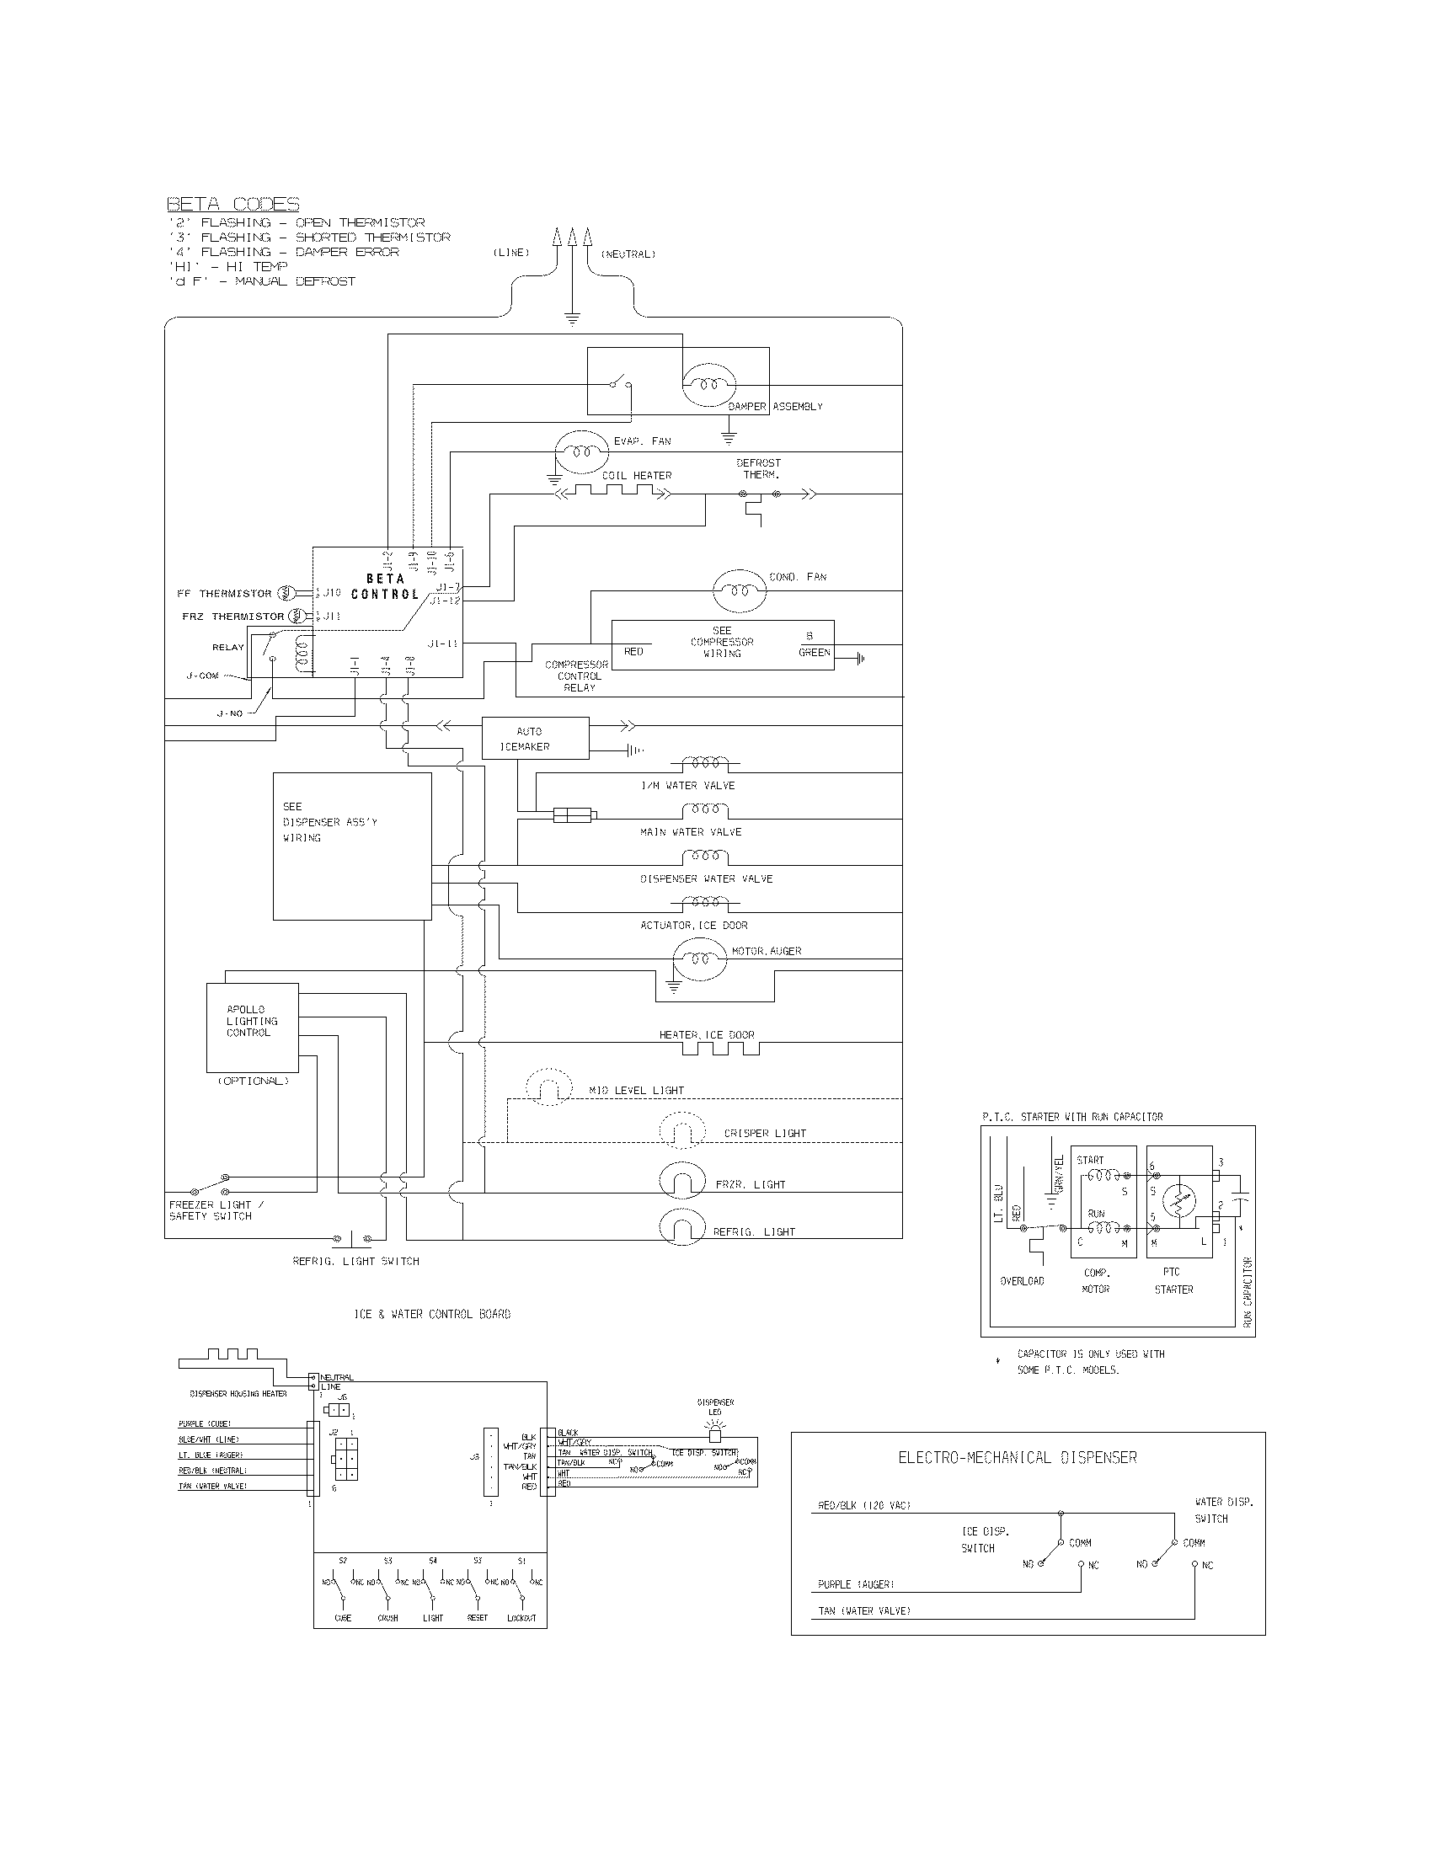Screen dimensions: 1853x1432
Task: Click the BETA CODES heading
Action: (x=232, y=205)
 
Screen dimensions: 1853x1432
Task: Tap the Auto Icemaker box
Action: (x=534, y=738)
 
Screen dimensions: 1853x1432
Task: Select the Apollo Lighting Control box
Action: (x=252, y=1028)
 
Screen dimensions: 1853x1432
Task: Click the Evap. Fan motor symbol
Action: (x=581, y=452)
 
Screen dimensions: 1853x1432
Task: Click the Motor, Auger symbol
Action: (x=700, y=959)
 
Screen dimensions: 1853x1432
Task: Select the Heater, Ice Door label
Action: (x=706, y=1034)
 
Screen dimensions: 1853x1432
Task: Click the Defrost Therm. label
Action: (x=758, y=468)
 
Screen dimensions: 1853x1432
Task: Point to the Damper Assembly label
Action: (x=774, y=407)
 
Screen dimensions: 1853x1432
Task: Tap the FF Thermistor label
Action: (x=224, y=594)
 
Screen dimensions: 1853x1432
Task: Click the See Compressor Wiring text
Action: (x=721, y=643)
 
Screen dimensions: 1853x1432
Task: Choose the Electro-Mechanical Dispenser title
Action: (x=1017, y=1458)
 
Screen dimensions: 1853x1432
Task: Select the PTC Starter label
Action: (x=1173, y=1280)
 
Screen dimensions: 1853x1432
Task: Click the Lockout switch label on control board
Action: (x=521, y=1618)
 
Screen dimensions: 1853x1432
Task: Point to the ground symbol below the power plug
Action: (x=572, y=319)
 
